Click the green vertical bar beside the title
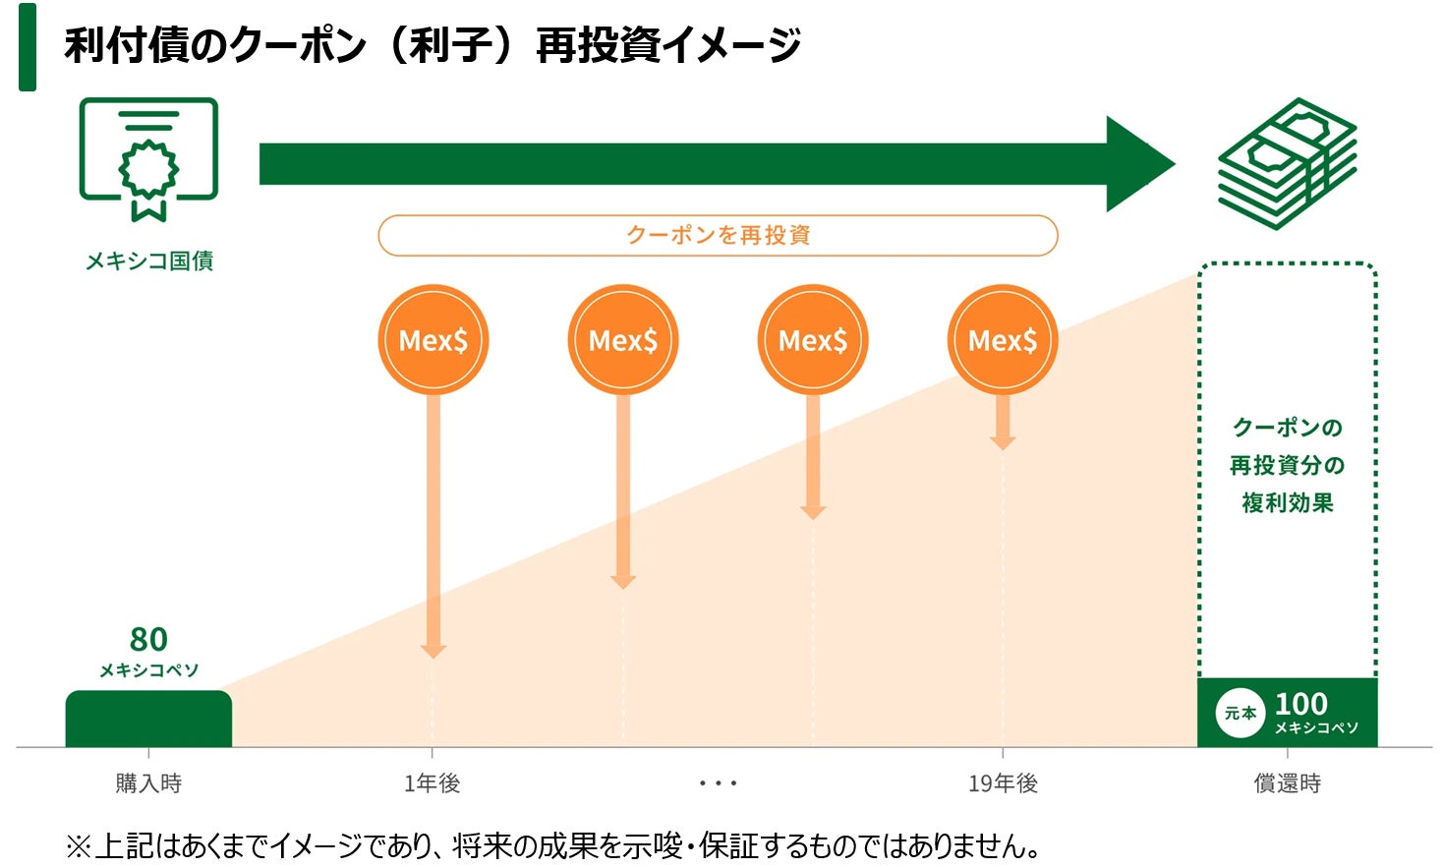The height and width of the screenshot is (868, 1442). pos(28,47)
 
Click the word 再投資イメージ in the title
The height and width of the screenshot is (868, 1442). pos(668,45)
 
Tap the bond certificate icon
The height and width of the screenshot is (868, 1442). pos(148,157)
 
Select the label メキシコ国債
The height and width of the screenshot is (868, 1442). pos(149,260)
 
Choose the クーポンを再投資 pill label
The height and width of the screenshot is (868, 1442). pos(718,236)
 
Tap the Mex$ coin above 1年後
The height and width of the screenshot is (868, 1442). pos(433,340)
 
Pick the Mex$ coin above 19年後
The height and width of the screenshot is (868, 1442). pos(1003,340)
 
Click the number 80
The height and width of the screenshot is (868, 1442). pos(148,640)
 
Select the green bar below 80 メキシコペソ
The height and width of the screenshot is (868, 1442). pos(148,719)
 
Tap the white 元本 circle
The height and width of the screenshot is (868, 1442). pos(1240,713)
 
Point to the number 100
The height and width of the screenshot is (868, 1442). pos(1300,704)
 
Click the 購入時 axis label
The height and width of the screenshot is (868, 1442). pos(148,783)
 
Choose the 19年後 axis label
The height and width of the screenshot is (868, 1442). pos(1003,783)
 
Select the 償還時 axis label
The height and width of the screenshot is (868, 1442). pos(1287,783)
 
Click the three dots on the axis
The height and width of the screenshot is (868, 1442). pos(718,783)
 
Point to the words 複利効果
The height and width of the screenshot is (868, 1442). pos(1287,503)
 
